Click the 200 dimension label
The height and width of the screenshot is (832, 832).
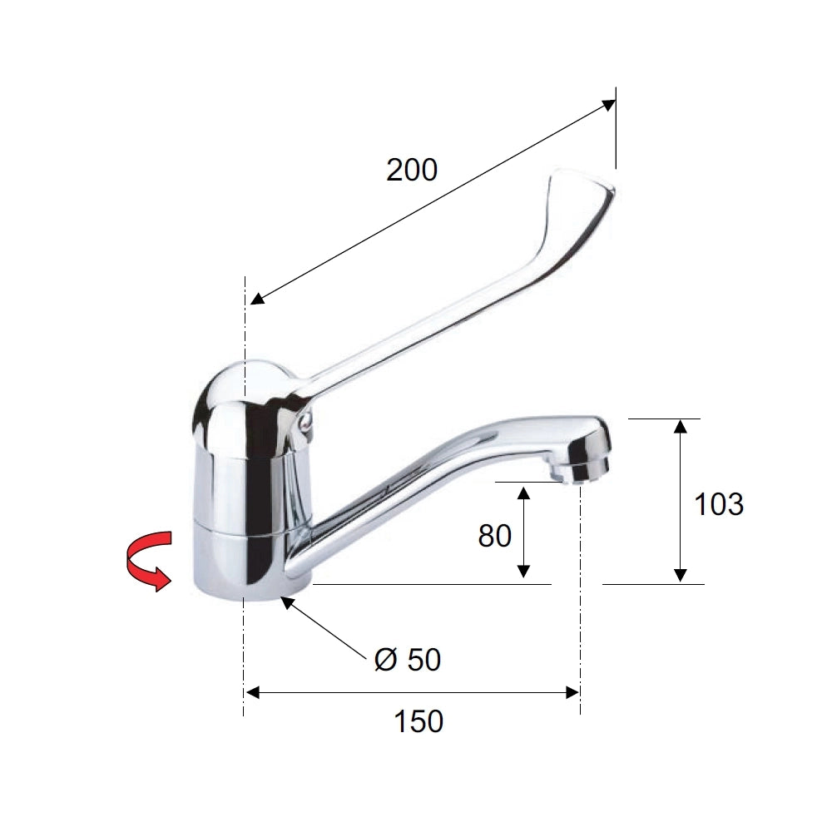412,171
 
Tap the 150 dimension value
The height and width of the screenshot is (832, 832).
418,721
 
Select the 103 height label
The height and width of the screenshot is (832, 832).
719,504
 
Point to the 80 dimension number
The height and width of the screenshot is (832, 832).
494,536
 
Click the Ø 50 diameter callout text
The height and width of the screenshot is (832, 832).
408,660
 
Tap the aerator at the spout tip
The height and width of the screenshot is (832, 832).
580,467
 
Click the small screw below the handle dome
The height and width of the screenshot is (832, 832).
305,422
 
